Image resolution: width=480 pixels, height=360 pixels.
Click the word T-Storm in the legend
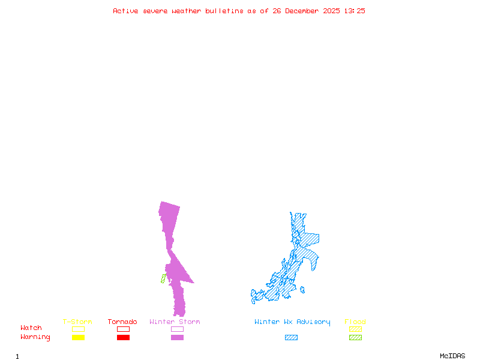point(77,322)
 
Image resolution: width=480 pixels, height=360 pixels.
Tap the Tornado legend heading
point(122,322)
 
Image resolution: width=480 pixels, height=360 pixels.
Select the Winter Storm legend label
point(175,322)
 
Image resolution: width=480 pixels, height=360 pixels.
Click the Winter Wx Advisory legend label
point(292,322)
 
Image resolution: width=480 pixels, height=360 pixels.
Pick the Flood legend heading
point(355,322)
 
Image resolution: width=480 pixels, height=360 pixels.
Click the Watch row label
point(31,328)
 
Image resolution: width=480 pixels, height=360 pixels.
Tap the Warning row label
point(35,337)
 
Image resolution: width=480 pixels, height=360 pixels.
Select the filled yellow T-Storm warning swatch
point(78,338)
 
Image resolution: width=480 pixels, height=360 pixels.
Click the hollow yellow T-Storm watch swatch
point(78,329)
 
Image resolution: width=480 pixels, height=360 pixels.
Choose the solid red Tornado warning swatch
point(123,338)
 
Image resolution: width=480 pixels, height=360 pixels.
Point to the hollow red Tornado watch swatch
point(123,329)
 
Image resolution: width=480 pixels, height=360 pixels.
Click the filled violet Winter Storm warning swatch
point(177,338)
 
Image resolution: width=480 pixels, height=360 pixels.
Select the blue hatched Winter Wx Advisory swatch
point(291,338)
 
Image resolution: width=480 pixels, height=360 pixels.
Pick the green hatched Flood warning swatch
point(355,338)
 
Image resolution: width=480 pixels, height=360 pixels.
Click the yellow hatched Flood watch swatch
point(355,329)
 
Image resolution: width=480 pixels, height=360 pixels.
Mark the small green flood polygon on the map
point(163,278)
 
